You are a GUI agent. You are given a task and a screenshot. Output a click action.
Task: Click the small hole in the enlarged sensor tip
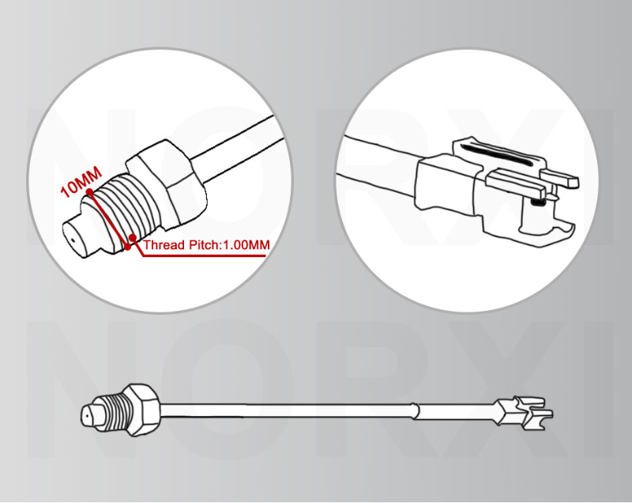pos(73,240)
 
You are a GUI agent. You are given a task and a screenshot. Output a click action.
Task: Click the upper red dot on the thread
pos(89,193)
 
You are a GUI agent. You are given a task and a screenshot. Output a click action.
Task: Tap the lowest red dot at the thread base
pos(128,247)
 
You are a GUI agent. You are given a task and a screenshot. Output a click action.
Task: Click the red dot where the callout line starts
pos(132,237)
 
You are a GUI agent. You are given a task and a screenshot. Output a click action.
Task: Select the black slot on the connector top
pos(496,154)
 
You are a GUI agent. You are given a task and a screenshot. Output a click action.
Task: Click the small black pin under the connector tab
pos(536,202)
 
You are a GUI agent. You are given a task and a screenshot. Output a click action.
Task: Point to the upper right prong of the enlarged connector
pos(559,177)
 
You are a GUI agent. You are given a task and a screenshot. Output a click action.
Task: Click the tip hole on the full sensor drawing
pos(87,415)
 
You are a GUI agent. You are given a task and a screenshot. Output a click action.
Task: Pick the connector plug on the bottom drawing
pos(524,411)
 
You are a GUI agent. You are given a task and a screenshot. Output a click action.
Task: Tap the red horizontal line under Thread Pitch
pos(204,255)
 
